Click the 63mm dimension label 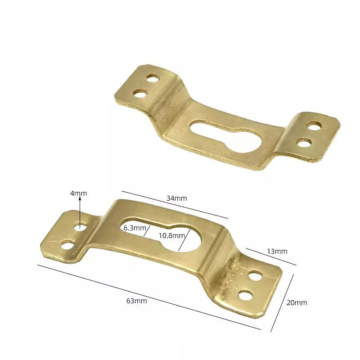tap(137, 301)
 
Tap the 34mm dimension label tap(176, 198)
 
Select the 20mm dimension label tap(297, 302)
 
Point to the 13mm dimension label tap(277, 252)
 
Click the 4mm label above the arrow tap(78, 193)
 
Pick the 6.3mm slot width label tap(135, 228)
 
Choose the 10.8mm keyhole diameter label tap(172, 235)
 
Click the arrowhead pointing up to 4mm tap(80, 199)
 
